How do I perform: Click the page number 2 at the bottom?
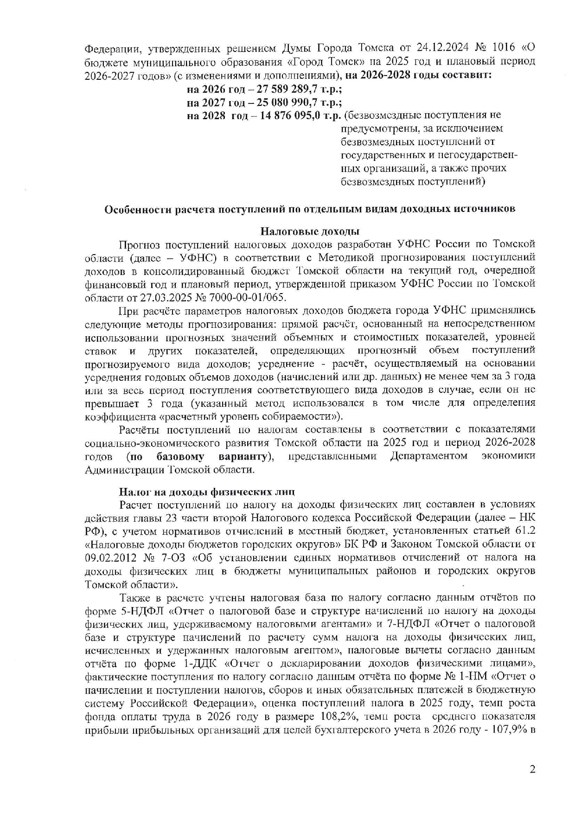[x=532, y=770]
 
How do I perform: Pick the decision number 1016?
[x=505, y=48]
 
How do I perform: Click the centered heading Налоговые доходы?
[x=310, y=231]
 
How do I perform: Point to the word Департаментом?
[x=429, y=456]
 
